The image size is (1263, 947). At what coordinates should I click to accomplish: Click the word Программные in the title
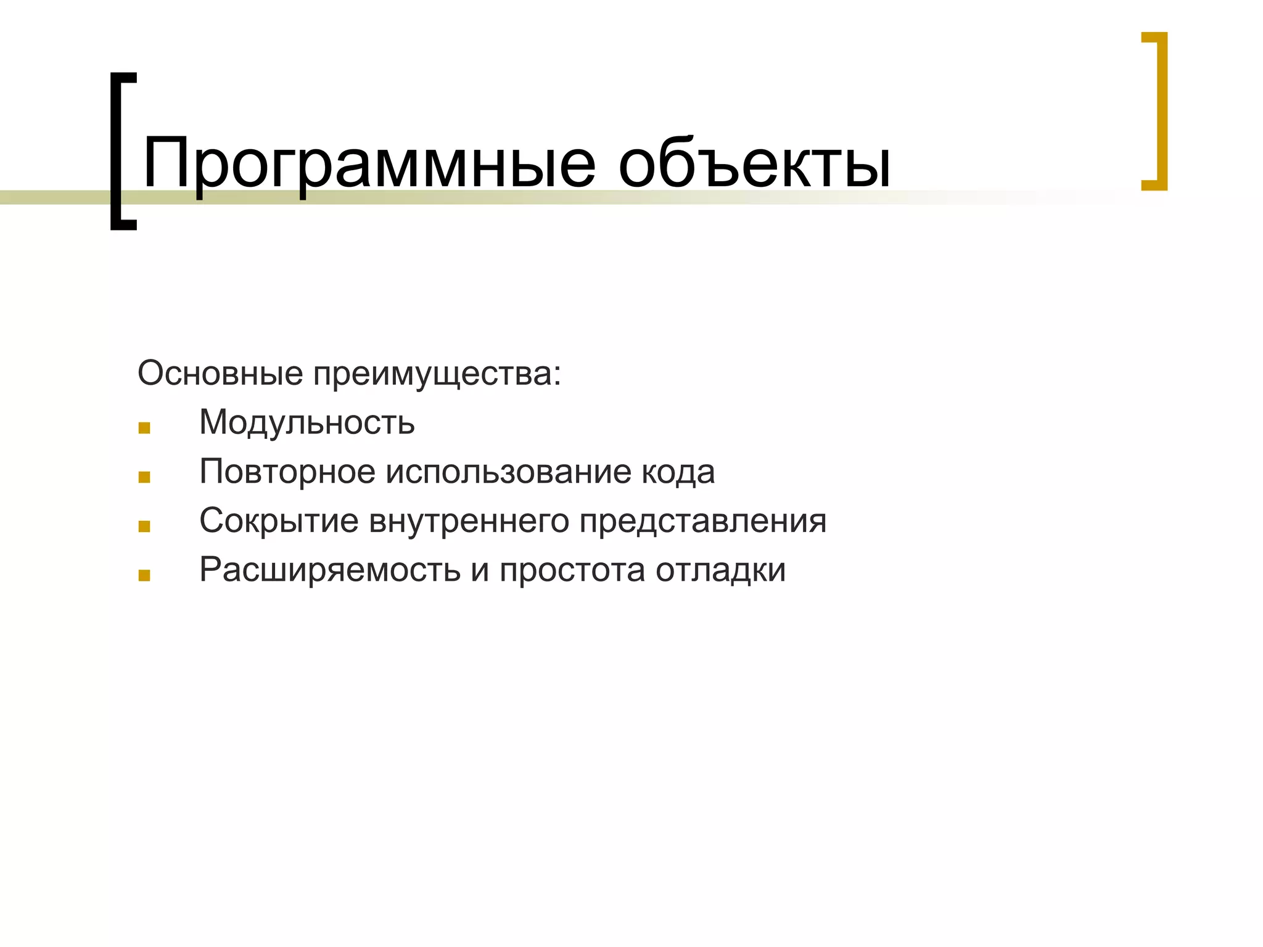point(369,164)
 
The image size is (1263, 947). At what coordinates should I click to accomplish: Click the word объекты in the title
point(754,164)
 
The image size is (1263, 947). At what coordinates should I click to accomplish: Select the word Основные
point(220,373)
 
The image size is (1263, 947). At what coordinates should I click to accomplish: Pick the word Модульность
point(306,423)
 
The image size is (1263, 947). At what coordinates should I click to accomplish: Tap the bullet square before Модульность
point(144,428)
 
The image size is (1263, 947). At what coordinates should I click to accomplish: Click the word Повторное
point(287,472)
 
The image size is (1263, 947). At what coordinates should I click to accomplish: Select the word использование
point(509,472)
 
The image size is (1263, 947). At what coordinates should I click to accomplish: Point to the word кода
point(678,472)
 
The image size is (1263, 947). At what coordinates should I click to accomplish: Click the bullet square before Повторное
point(144,477)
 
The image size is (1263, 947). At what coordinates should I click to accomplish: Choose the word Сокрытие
point(279,521)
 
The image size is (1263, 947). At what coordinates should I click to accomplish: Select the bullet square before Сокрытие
point(144,527)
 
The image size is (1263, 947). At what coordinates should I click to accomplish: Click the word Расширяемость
point(330,570)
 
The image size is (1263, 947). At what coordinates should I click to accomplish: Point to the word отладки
point(720,570)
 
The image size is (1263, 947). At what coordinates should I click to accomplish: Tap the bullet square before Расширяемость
point(144,576)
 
